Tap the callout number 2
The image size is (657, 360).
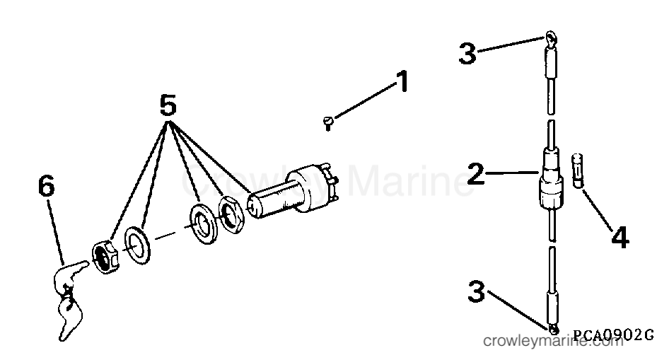point(475,173)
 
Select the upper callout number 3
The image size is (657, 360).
point(467,53)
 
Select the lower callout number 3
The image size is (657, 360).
point(476,291)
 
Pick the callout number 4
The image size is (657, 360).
point(620,238)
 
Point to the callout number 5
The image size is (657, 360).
point(168,105)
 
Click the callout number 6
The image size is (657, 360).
point(47,185)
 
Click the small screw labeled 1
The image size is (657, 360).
point(328,123)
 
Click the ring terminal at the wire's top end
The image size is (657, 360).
point(551,39)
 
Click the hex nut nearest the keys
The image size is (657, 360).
point(106,257)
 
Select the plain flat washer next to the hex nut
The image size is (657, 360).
point(137,245)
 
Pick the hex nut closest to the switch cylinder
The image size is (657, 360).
point(230,214)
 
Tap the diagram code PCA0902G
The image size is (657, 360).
point(613,335)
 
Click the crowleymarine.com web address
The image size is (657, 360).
point(554,341)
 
